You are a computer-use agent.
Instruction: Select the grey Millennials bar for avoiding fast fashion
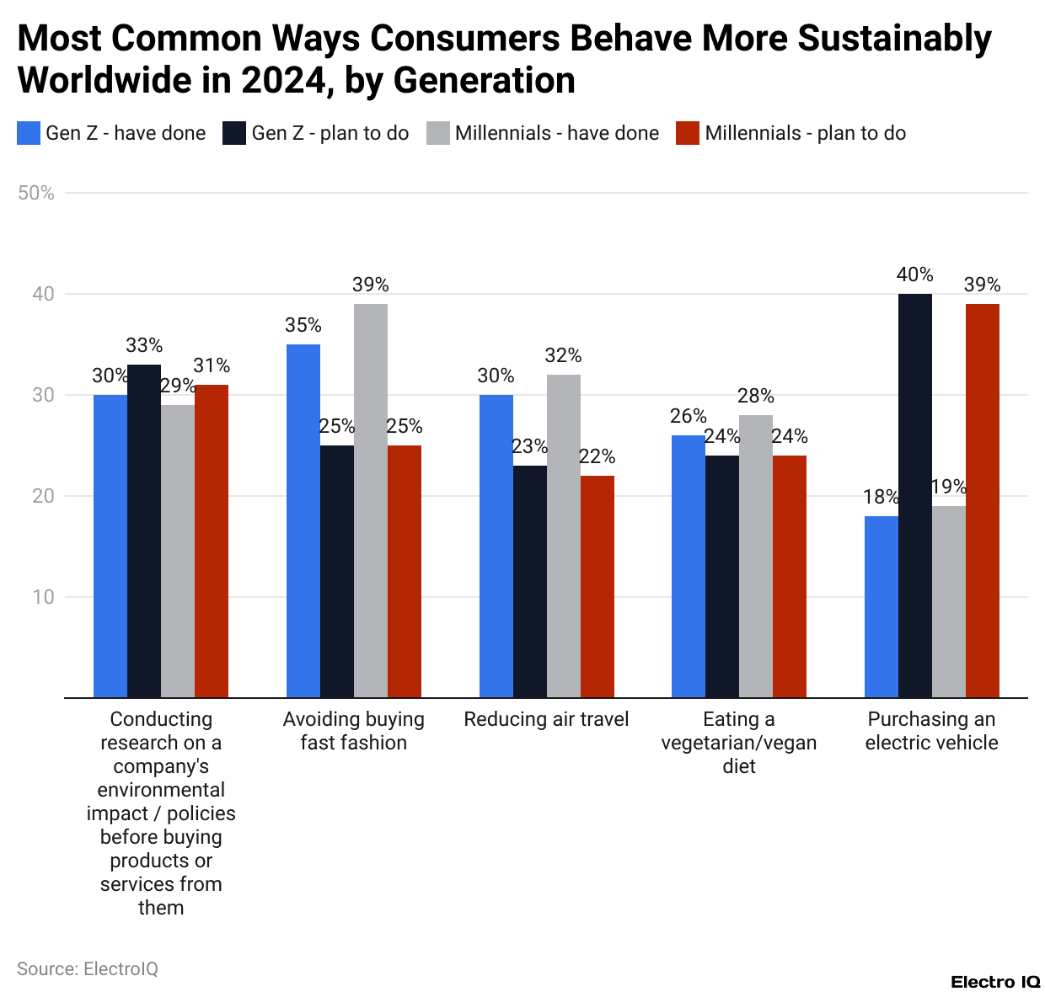pos(370,500)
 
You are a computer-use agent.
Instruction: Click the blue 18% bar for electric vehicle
pos(881,606)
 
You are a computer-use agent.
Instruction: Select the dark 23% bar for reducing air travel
pos(529,581)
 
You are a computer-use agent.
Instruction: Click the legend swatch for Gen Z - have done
pos(29,133)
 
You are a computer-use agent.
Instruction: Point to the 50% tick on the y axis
pos(36,193)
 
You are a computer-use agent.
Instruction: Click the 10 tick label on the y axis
pos(43,597)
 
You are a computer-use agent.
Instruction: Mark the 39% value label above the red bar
pos(982,285)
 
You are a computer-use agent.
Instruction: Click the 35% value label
pos(303,325)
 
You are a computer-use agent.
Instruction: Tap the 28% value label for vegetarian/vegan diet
pos(755,396)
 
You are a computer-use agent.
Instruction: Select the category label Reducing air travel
pos(546,719)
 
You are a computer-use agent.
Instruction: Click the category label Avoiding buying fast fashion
pos(353,731)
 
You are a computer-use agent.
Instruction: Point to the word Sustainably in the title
pos(894,39)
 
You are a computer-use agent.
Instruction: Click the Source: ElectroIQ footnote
pos(88,968)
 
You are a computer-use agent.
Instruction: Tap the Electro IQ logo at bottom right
pos(995,982)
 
